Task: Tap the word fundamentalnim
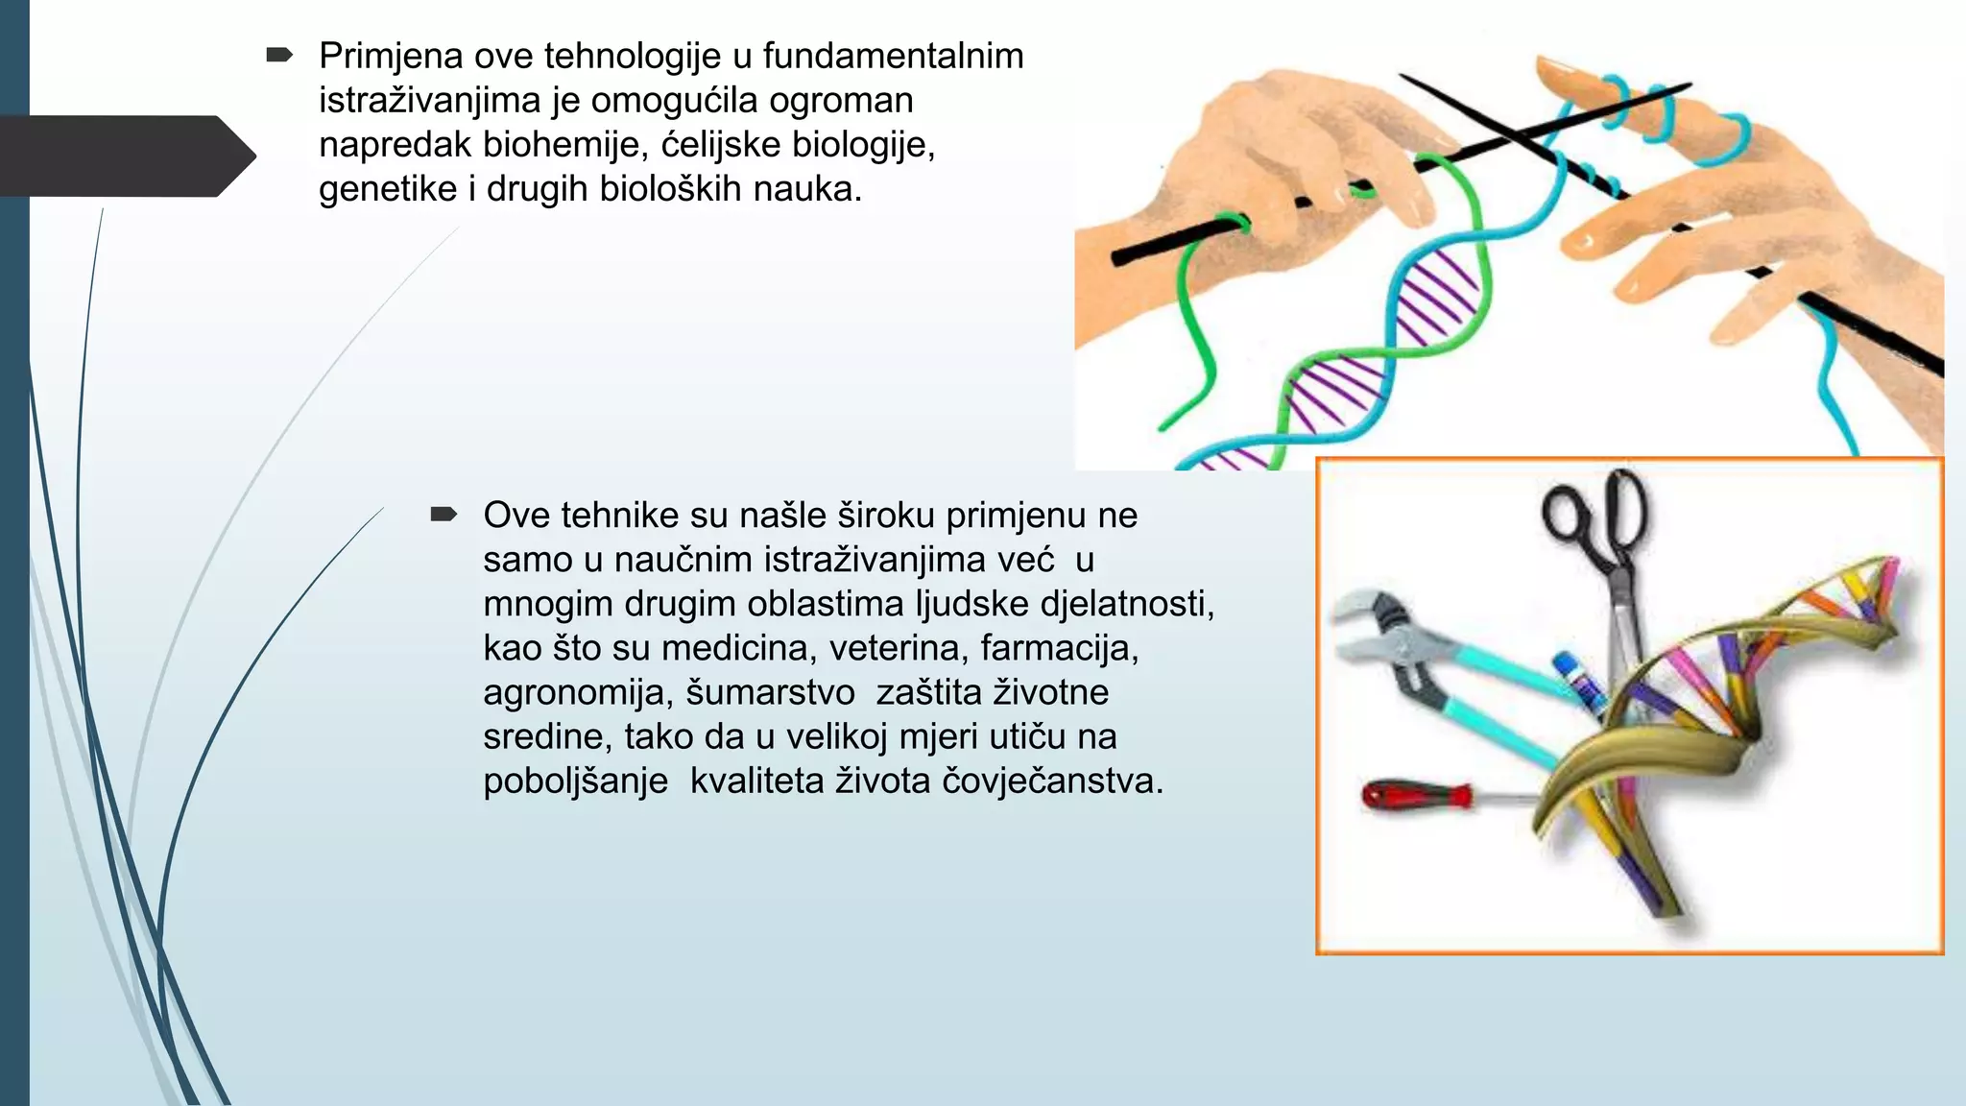tap(893, 57)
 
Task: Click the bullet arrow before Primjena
tap(278, 56)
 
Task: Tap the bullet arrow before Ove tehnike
tap(443, 515)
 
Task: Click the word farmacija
tap(1059, 649)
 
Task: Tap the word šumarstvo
tap(770, 693)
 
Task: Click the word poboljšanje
tap(575, 781)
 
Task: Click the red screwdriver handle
tap(1416, 796)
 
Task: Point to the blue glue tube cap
tap(1567, 665)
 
